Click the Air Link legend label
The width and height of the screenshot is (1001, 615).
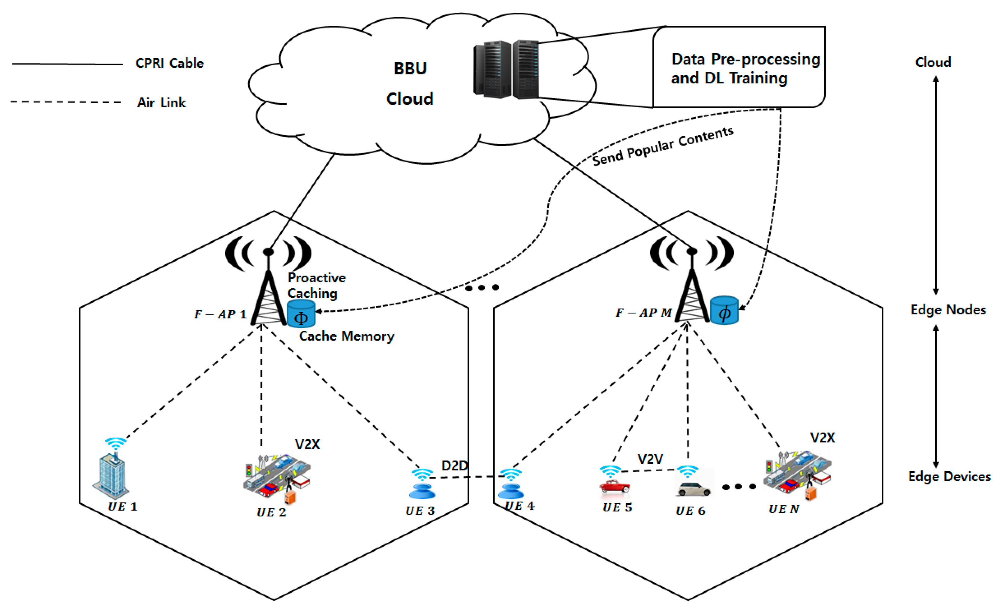(x=161, y=102)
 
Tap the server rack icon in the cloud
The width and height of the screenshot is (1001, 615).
(x=506, y=69)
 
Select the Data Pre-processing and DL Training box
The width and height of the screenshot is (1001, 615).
(x=738, y=67)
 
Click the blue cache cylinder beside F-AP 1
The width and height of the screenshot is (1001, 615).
(x=301, y=314)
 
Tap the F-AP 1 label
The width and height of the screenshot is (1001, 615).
(x=220, y=314)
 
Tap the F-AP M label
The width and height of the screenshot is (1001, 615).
(x=643, y=313)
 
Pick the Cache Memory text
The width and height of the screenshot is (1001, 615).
(x=346, y=336)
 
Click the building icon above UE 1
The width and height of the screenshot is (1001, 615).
(x=111, y=475)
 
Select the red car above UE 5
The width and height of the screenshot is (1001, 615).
(x=614, y=486)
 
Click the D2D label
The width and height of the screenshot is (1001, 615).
(x=454, y=465)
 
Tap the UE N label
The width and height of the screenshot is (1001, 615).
(x=783, y=509)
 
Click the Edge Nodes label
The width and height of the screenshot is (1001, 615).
(x=948, y=310)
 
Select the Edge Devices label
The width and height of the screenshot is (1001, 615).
(x=949, y=476)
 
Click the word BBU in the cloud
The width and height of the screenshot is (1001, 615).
(x=410, y=68)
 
